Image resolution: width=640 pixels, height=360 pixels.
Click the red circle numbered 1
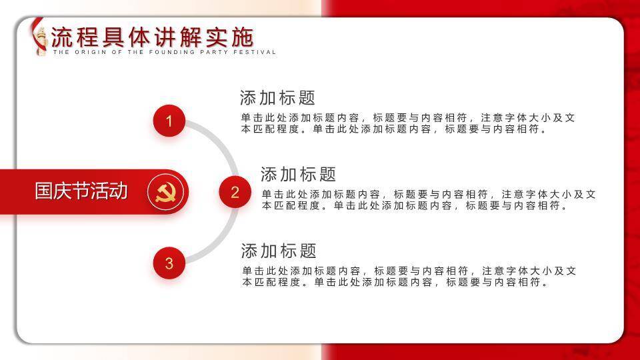169,121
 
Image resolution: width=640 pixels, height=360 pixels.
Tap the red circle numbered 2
235,192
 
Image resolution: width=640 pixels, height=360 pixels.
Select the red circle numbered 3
169,263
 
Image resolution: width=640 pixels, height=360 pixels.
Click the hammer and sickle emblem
165,192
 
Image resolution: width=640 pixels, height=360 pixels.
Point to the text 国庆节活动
81,191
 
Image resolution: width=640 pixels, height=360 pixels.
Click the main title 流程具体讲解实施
152,37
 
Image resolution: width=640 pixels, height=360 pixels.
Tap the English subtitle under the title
165,52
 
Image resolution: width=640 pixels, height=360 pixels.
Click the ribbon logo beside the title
39,37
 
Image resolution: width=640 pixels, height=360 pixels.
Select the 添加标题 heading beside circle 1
277,98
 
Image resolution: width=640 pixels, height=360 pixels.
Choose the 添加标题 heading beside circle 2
299,174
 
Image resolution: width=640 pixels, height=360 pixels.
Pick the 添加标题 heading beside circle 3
279,251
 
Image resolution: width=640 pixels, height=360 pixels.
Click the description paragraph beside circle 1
408,123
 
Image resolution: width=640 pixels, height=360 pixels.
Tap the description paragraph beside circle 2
429,199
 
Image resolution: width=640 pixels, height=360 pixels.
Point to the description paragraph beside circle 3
409,276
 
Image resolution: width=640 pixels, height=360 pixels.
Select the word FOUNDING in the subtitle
172,52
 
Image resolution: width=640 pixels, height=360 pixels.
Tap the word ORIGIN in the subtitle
90,52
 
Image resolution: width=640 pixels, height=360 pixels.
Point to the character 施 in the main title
243,37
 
